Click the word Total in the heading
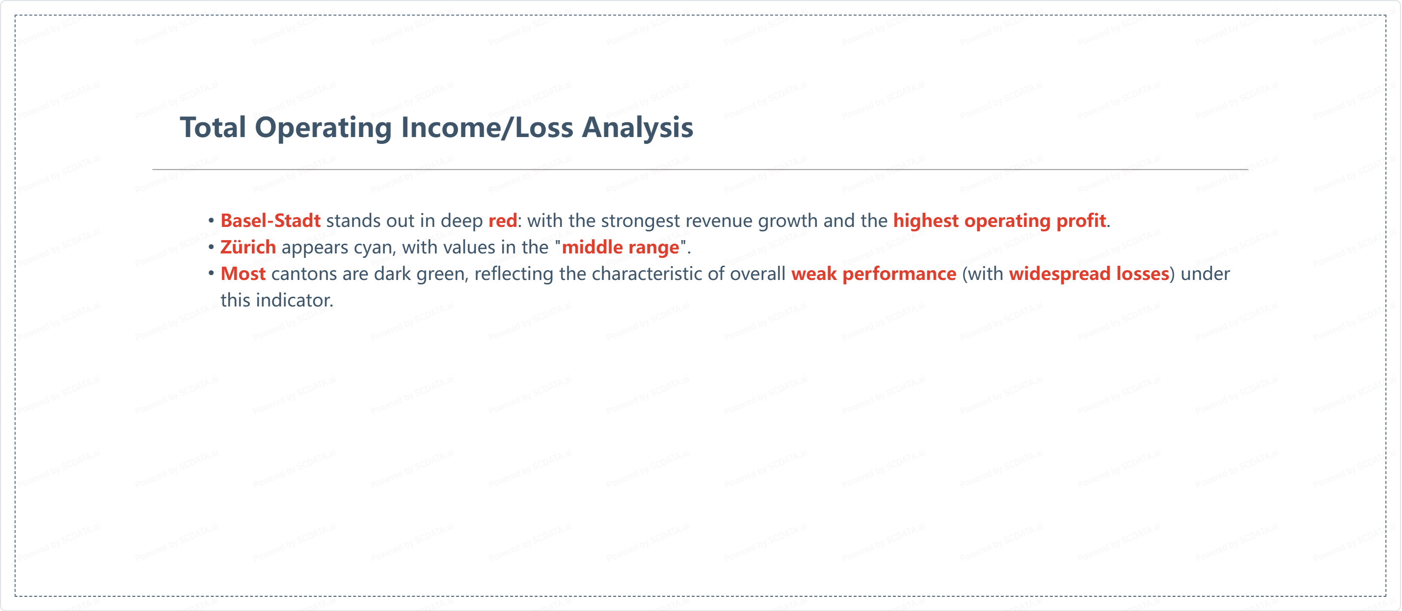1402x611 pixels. (x=214, y=127)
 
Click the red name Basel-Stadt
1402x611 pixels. (x=270, y=221)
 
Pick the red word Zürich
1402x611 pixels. (x=248, y=247)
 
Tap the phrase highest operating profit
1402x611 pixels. (x=999, y=221)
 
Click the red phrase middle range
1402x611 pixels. (x=620, y=248)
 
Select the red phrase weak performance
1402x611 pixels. (x=873, y=274)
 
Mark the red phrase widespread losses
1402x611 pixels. (x=1089, y=274)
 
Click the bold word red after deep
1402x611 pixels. (x=502, y=221)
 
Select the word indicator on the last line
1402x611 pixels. (x=294, y=301)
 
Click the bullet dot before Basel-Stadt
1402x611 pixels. (x=211, y=221)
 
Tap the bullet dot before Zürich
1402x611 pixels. (x=211, y=247)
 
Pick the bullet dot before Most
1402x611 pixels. (x=211, y=274)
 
